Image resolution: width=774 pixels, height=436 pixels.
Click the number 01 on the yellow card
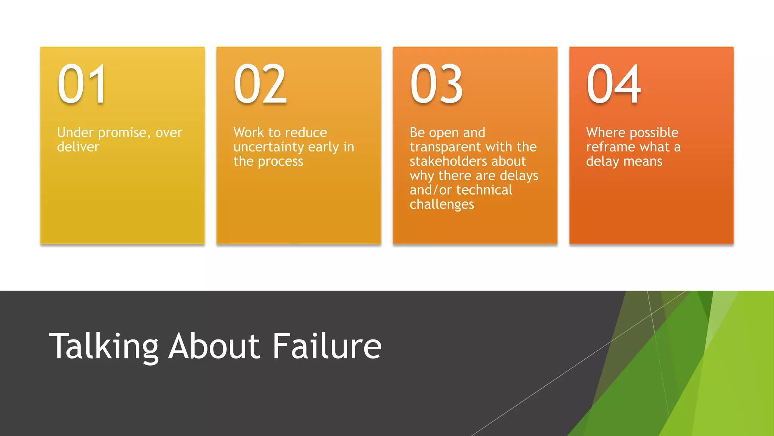pyautogui.click(x=82, y=84)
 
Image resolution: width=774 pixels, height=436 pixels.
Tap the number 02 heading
pyautogui.click(x=260, y=84)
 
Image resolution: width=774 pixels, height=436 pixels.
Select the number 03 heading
pyautogui.click(x=437, y=84)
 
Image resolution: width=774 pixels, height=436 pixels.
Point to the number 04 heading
pyautogui.click(x=613, y=84)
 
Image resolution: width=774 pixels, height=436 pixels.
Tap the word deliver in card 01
pyautogui.click(x=78, y=147)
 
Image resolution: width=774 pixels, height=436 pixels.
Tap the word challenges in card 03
pyautogui.click(x=442, y=205)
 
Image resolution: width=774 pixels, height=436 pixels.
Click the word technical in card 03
pyautogui.click(x=485, y=190)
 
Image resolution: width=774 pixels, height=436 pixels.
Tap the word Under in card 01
pyautogui.click(x=75, y=132)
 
